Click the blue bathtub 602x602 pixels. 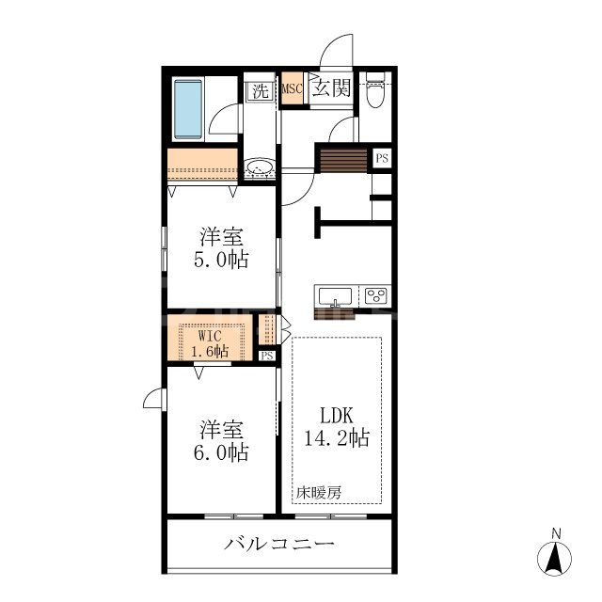point(191,109)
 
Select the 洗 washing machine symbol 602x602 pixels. point(259,91)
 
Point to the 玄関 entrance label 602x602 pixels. point(331,90)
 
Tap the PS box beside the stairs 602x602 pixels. point(382,158)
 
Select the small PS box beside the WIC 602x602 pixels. point(267,356)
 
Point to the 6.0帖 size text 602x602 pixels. point(223,453)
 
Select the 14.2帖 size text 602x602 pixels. point(337,437)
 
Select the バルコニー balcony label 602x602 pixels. point(279,545)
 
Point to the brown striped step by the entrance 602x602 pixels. point(344,160)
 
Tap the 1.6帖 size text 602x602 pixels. point(212,352)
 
